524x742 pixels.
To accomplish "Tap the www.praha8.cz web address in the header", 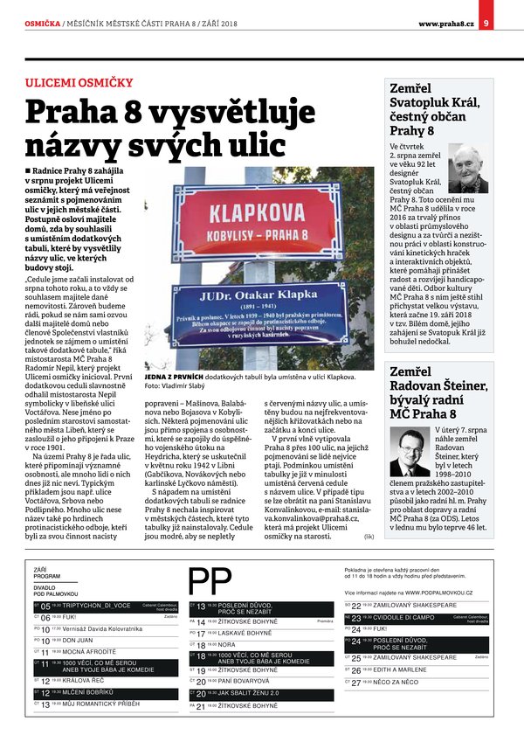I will pos(445,10).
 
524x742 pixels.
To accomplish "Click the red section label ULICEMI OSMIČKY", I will pos(79,83).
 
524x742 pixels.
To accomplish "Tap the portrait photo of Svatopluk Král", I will pos(468,170).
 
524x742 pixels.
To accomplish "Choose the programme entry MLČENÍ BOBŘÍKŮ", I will pos(86,691).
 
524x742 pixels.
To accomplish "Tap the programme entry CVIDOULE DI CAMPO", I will pos(404,617).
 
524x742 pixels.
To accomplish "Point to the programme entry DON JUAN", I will pos(78,640).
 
